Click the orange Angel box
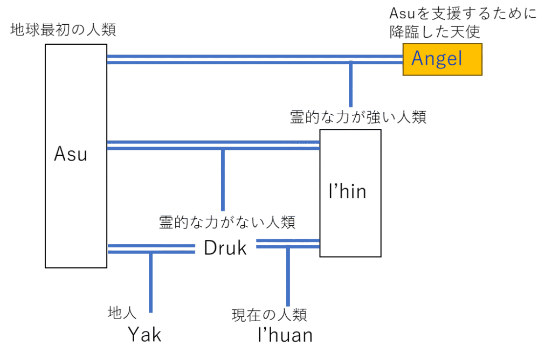tap(442, 59)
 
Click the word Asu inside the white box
tap(71, 155)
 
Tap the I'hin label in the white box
tap(348, 191)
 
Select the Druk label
tap(225, 248)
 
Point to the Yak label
tap(144, 335)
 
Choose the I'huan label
tap(285, 335)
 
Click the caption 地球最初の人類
tap(63, 30)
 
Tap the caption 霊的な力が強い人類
tap(358, 117)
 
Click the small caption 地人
tap(123, 312)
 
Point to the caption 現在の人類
tap(269, 314)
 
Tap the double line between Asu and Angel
tap(253, 59)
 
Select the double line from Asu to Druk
tap(150, 248)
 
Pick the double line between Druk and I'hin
tap(288, 244)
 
